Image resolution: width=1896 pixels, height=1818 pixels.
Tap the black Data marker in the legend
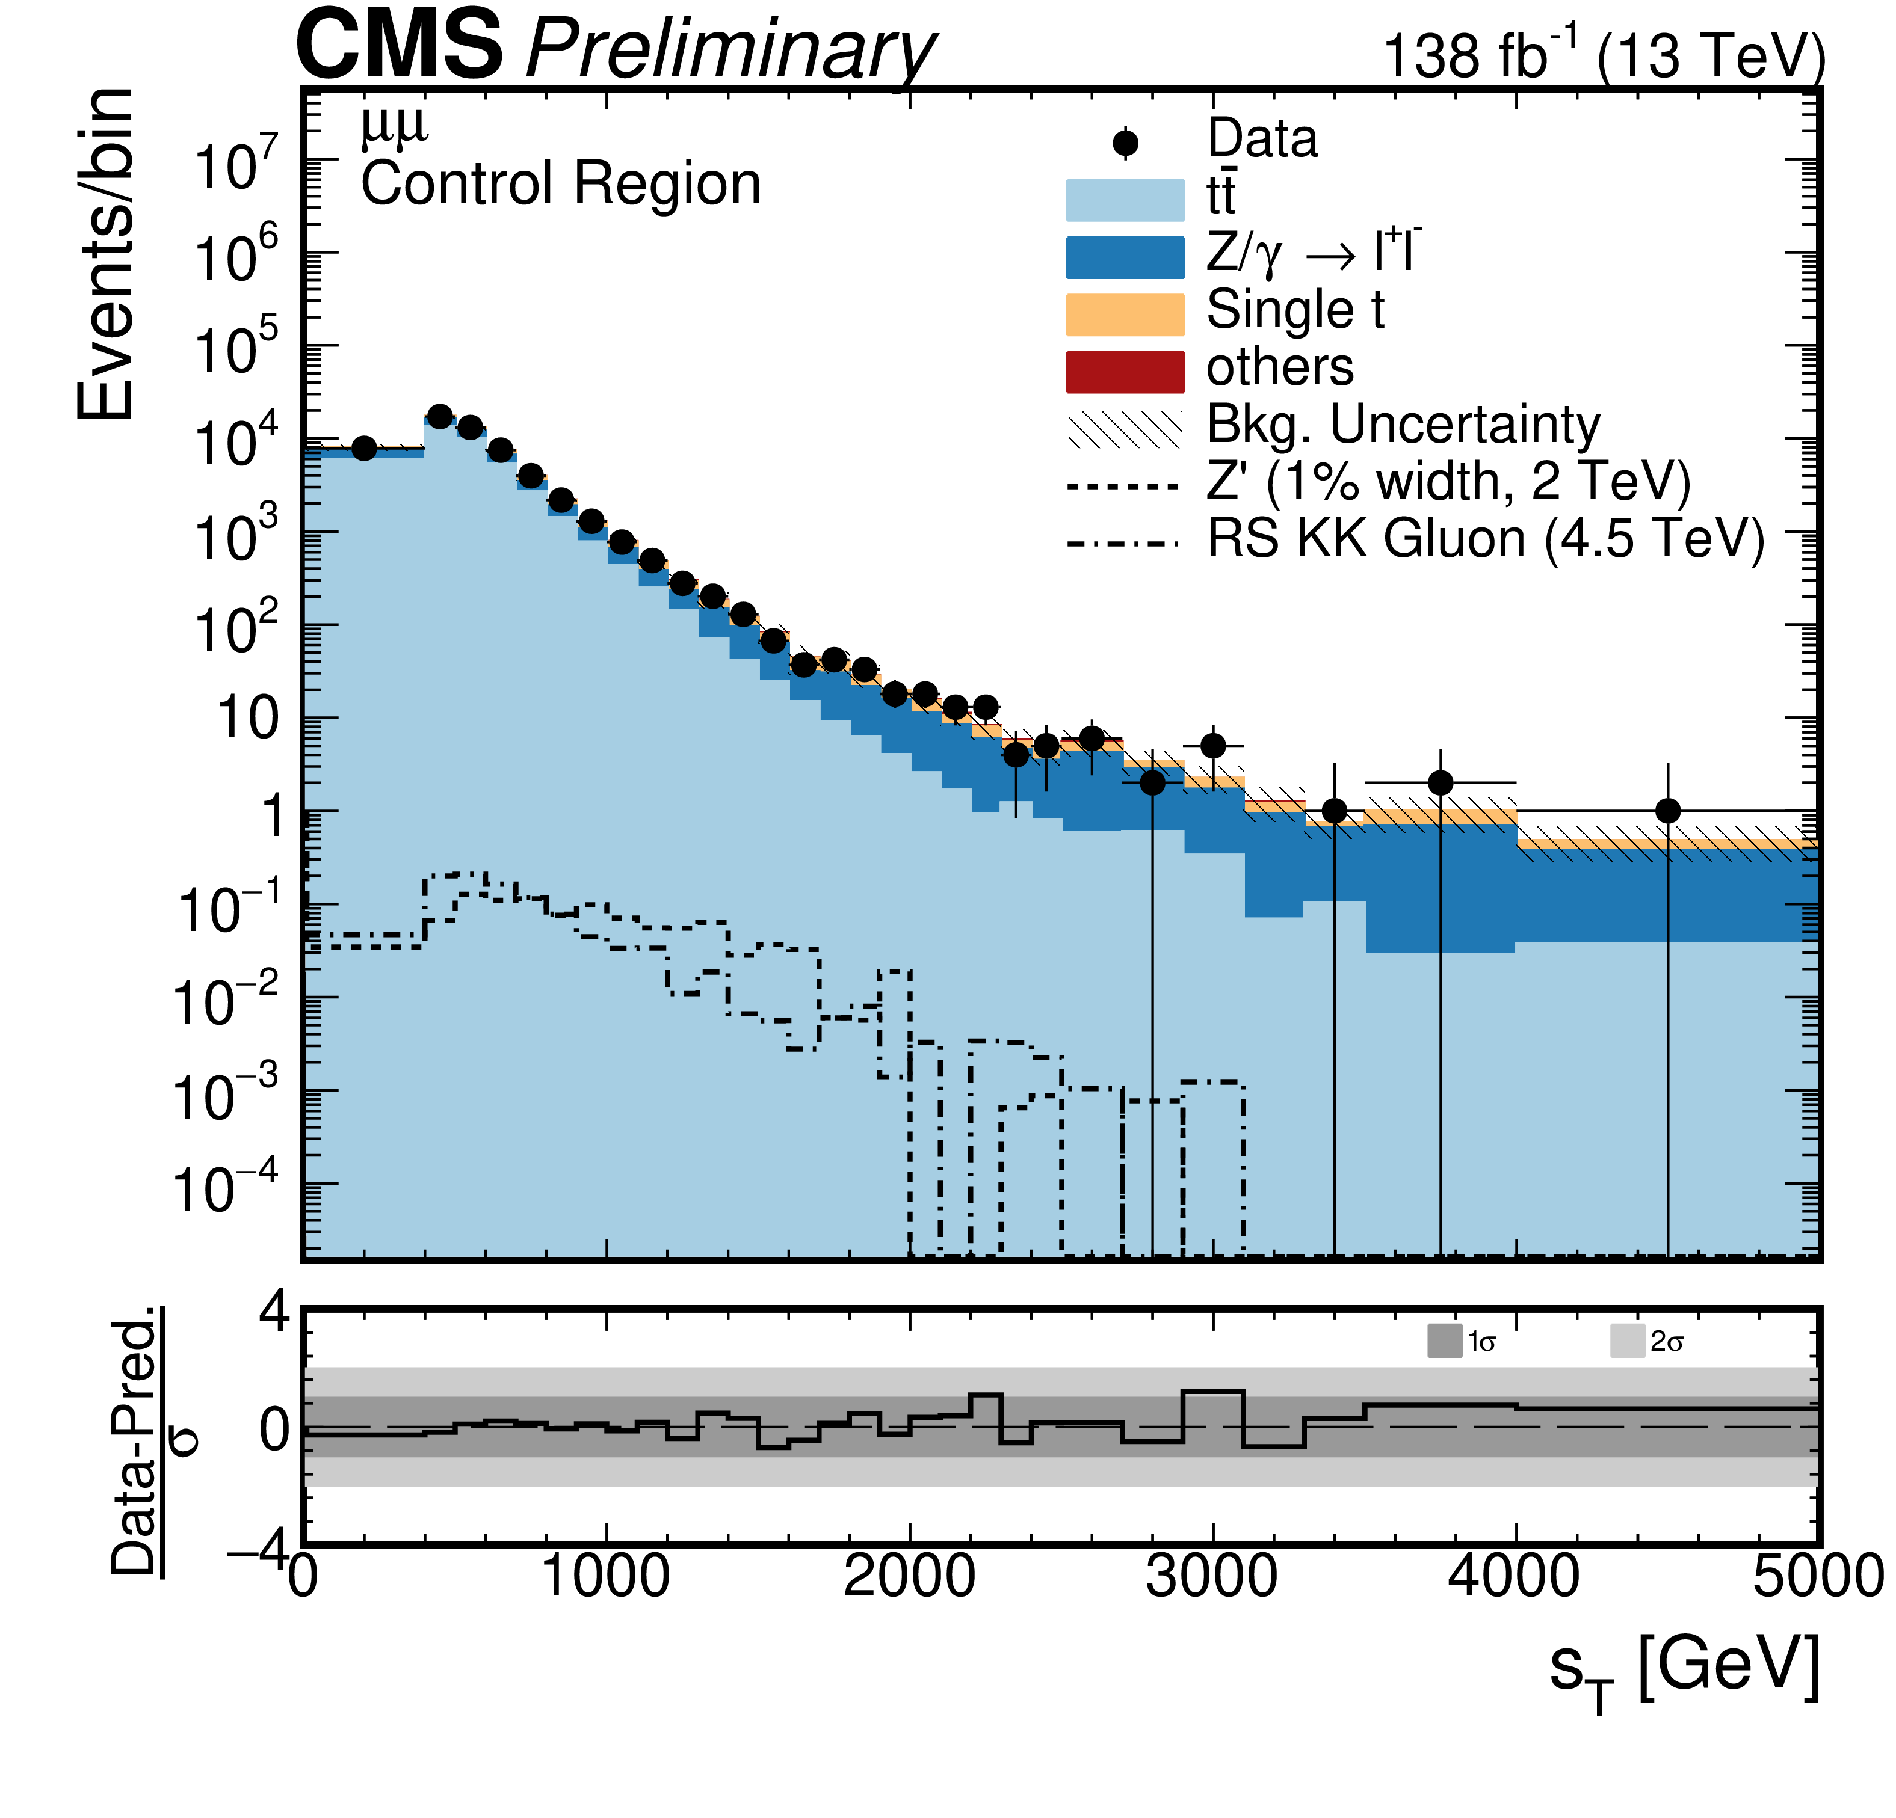1125,143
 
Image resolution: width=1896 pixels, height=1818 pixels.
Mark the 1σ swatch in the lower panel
1444,1341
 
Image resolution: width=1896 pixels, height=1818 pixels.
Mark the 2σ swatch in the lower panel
1627,1341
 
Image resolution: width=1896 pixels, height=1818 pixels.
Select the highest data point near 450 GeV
439,416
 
